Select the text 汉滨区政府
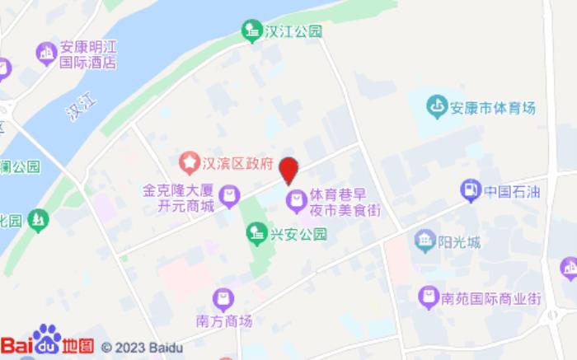tap(237, 162)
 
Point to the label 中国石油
tap(511, 192)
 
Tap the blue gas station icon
tap(470, 190)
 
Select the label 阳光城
tap(460, 241)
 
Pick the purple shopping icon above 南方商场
tap(223, 297)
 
